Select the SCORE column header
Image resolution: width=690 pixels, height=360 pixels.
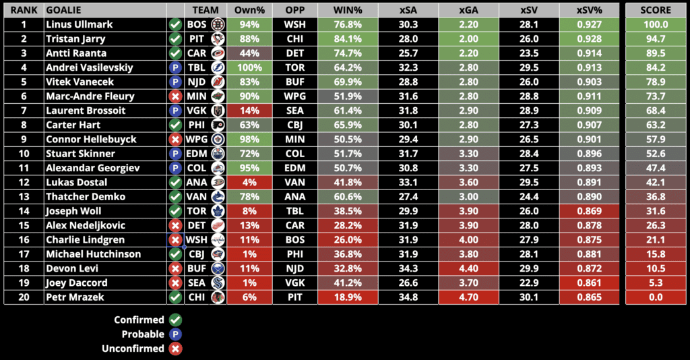(656, 10)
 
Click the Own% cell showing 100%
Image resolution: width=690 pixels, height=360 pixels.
(249, 67)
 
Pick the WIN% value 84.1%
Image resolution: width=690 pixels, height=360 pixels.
(348, 38)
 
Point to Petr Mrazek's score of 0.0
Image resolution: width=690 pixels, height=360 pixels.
(656, 297)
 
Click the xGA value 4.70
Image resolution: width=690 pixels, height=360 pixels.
(468, 297)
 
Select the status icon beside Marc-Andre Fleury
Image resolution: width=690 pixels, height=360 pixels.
(175, 96)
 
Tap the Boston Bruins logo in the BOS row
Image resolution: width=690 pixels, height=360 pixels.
(217, 24)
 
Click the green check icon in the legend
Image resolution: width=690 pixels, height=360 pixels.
(175, 320)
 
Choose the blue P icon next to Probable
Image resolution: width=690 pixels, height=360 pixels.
(175, 334)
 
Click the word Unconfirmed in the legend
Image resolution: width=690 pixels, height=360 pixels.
(133, 349)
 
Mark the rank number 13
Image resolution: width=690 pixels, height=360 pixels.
(24, 197)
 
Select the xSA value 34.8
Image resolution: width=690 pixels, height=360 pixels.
(408, 297)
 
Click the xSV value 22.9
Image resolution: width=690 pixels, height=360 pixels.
(528, 283)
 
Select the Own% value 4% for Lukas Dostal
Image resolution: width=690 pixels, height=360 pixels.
(249, 183)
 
